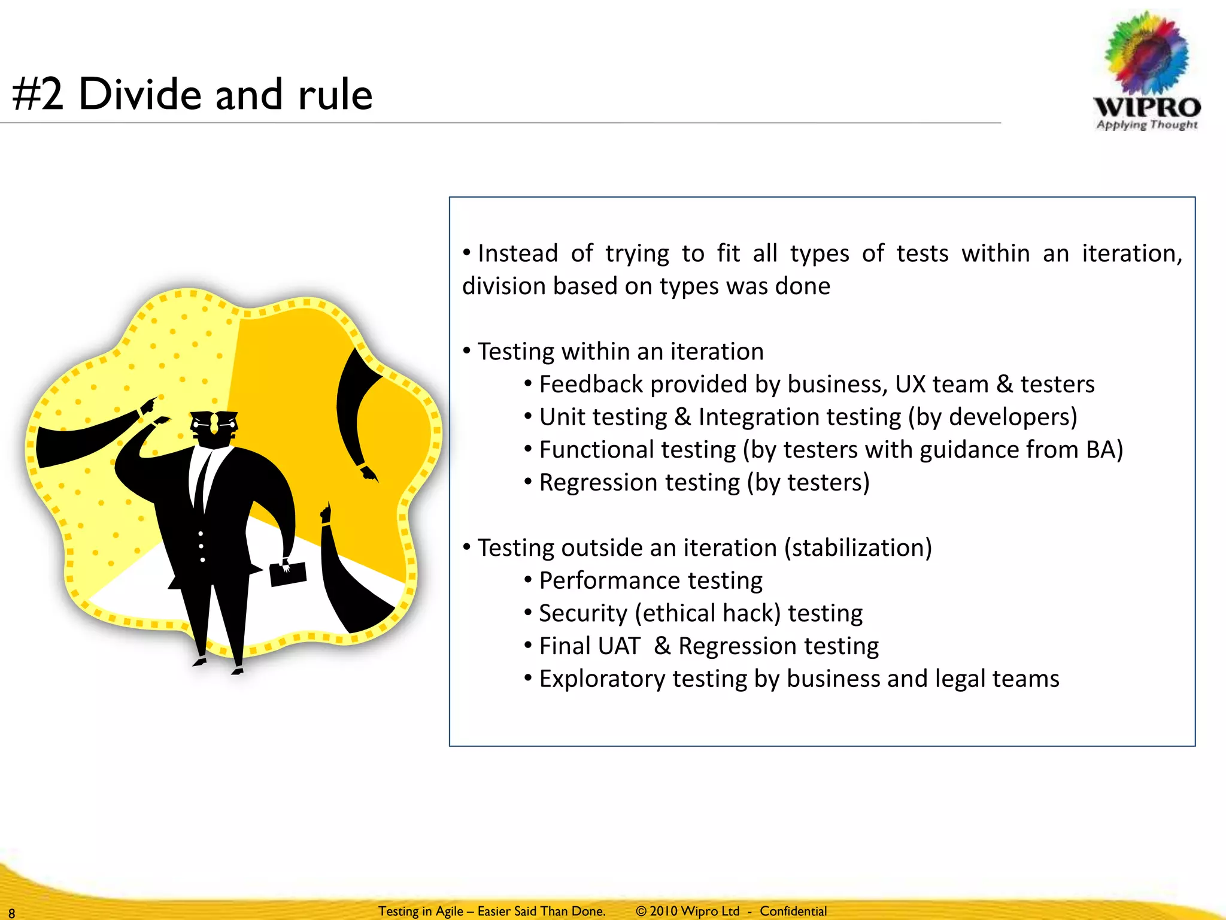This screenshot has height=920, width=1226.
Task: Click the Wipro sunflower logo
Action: pyautogui.click(x=1146, y=54)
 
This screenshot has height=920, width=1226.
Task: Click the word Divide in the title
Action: pyautogui.click(x=140, y=95)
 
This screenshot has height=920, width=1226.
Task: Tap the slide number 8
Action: pyautogui.click(x=11, y=913)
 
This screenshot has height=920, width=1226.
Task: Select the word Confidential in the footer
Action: pyautogui.click(x=793, y=911)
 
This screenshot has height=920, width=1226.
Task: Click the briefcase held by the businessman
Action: pyautogui.click(x=288, y=574)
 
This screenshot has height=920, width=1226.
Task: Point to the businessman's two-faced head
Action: pyautogui.click(x=214, y=426)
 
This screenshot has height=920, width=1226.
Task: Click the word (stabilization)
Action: pyautogui.click(x=858, y=548)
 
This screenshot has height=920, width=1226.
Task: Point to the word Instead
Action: pyautogui.click(x=518, y=253)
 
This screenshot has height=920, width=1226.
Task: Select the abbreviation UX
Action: pyautogui.click(x=911, y=385)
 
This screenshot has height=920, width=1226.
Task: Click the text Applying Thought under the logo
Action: pyautogui.click(x=1146, y=125)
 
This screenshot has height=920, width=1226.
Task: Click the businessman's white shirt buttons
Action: pyautogui.click(x=202, y=546)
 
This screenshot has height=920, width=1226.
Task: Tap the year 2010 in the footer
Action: pyautogui.click(x=663, y=911)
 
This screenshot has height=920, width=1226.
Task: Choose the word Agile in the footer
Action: pyautogui.click(x=449, y=911)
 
